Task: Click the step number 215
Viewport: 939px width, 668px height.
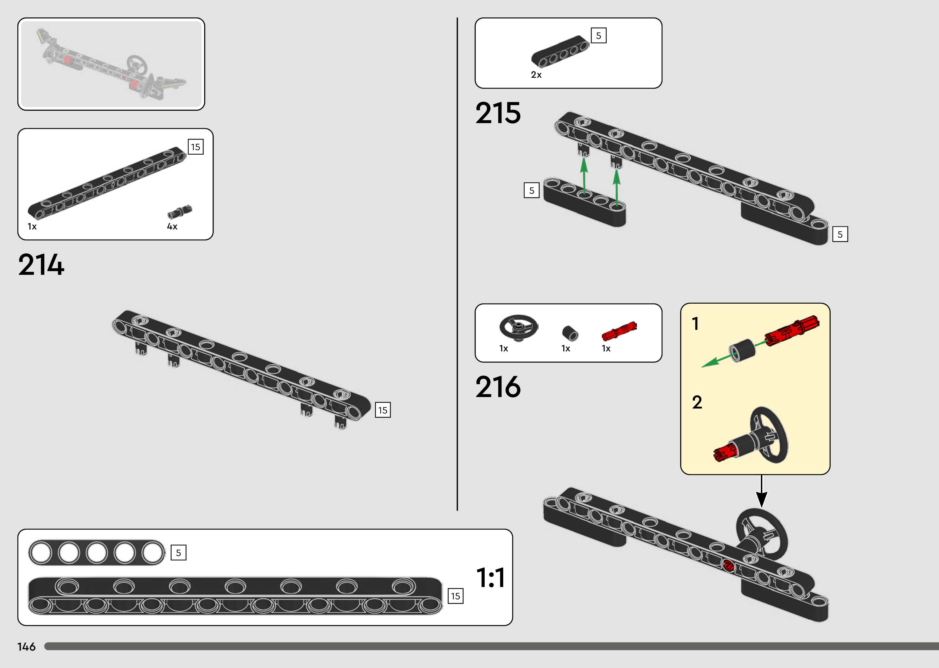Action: coord(498,113)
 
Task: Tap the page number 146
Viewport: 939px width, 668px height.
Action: coord(26,646)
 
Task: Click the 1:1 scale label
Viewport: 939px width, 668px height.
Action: coord(491,578)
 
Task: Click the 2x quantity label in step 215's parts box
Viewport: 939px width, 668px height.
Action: coord(536,75)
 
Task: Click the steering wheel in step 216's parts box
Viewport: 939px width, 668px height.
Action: coord(519,328)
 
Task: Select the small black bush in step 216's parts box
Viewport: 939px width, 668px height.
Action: coord(570,333)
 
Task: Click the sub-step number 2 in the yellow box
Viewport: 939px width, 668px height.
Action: coord(697,402)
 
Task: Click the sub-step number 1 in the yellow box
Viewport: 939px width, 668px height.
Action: coord(695,324)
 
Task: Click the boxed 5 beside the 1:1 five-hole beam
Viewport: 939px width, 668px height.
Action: coord(178,553)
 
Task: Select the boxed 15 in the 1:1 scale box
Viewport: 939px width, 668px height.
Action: coord(455,596)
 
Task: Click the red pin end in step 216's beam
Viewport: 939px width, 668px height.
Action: coord(728,566)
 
